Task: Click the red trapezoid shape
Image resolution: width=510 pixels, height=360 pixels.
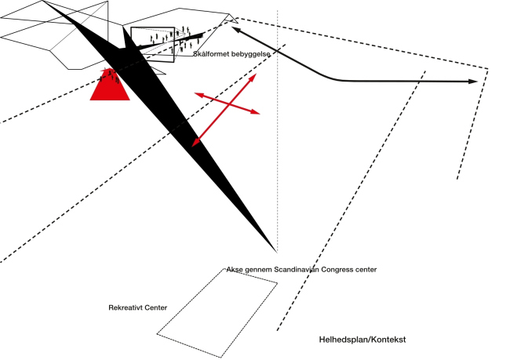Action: pos(110,88)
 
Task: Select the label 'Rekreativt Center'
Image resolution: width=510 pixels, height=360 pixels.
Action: pos(137,307)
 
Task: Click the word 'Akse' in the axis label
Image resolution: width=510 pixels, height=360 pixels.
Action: pos(234,270)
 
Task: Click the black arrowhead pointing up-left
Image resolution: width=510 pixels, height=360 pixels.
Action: pos(235,31)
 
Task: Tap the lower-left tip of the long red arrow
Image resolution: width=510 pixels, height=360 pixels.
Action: pos(194,145)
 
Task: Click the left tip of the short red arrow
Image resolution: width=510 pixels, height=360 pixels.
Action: pos(196,93)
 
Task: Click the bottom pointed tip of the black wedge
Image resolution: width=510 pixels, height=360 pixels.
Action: pos(275,250)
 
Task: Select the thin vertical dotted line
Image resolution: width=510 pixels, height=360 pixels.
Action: pos(278,157)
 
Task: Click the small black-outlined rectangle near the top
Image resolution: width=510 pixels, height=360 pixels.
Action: pos(152,45)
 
